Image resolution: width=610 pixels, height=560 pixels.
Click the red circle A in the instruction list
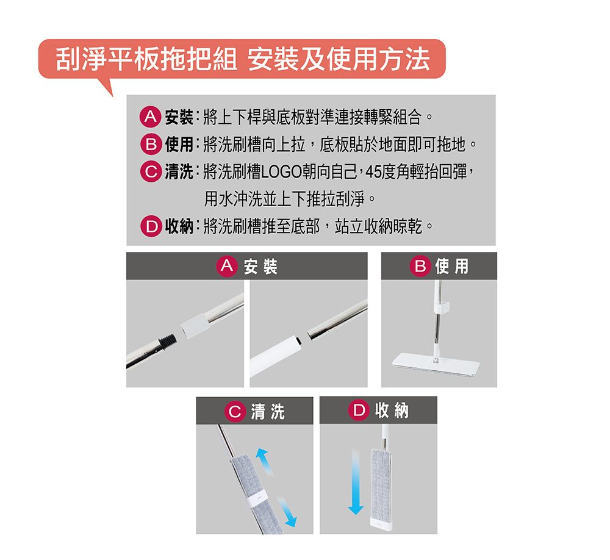(150, 117)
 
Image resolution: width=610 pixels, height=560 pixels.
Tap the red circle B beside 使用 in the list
(150, 145)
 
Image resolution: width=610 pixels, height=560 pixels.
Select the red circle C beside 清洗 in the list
(150, 171)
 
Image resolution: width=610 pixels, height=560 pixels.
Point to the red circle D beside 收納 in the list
(150, 226)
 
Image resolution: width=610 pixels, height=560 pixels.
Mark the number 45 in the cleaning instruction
(373, 172)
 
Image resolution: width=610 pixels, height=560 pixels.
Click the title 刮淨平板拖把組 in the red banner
(146, 59)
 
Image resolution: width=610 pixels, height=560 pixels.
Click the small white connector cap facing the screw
(195, 325)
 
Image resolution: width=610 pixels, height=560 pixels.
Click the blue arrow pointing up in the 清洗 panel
(264, 461)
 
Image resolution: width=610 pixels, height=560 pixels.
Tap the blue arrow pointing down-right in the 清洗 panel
(287, 511)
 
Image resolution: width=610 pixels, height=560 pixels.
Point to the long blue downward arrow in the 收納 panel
(356, 481)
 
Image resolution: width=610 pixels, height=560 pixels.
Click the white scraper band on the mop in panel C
(257, 499)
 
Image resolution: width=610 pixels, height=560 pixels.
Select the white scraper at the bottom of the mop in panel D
(381, 523)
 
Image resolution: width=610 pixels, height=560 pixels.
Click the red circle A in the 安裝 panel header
(227, 266)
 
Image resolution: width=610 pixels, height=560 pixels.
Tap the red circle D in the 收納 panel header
(358, 410)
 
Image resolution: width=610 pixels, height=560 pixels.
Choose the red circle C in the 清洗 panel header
(235, 411)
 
